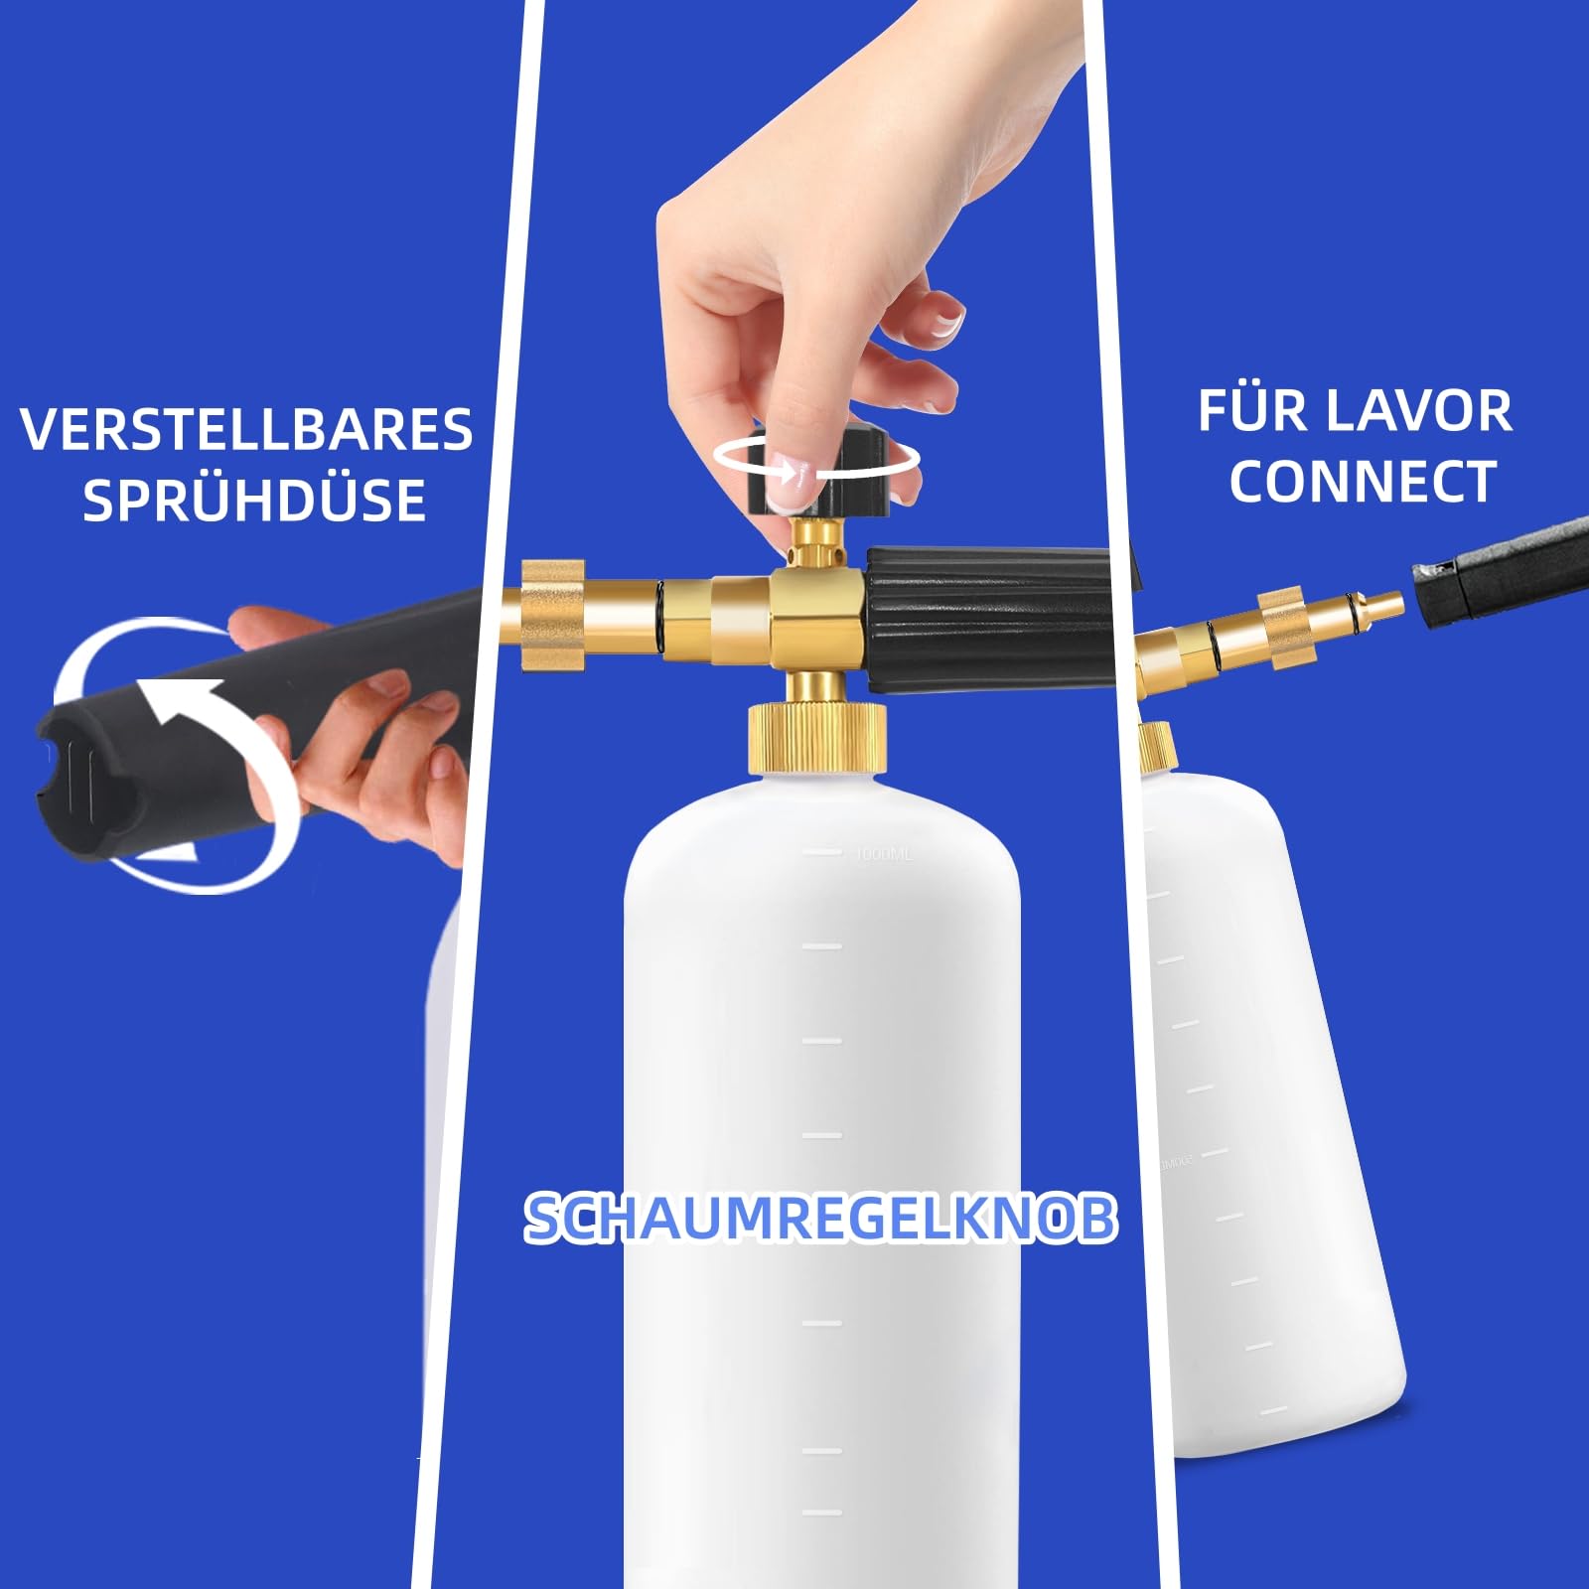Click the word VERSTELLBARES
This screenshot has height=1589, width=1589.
246,429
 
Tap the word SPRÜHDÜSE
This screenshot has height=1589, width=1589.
254,499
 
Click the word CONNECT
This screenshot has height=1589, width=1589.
1363,482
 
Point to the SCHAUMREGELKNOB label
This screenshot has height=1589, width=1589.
820,1218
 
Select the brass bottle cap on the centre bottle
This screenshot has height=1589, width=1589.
816,737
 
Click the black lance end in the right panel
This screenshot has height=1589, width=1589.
1500,573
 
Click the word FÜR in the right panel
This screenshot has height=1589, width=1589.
1255,410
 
